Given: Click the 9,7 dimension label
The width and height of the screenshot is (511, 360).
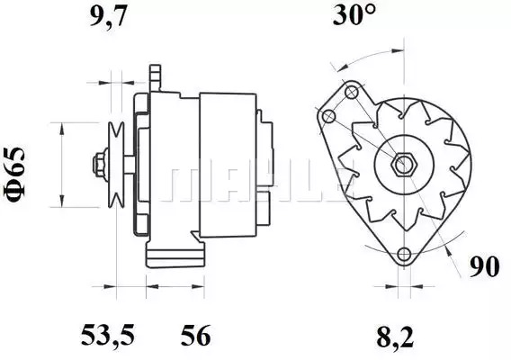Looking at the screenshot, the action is click(x=108, y=16).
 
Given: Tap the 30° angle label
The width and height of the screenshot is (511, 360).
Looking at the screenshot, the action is click(x=354, y=14).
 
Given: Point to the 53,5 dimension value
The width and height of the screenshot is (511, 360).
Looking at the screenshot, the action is click(x=108, y=335).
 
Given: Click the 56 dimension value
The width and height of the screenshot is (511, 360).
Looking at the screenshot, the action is click(x=196, y=335).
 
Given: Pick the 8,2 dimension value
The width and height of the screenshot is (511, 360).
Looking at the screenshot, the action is click(x=395, y=337).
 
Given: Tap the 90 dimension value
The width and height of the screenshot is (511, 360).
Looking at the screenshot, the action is click(x=484, y=266).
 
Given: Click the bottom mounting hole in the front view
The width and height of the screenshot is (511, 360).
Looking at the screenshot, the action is click(x=404, y=254).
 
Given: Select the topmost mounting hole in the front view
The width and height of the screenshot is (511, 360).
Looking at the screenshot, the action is click(x=351, y=93).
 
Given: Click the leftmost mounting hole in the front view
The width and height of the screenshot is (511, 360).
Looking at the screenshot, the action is click(x=328, y=116).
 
